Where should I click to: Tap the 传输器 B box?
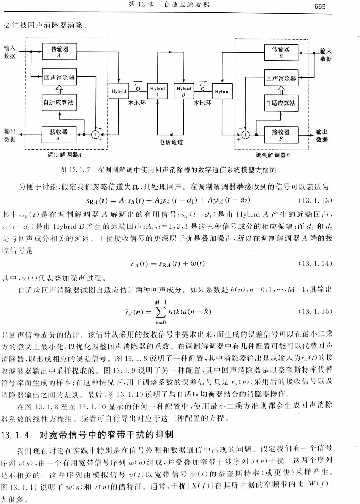pos(280,53)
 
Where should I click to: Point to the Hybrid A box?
pos(158,91)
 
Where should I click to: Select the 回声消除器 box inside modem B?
pos(280,79)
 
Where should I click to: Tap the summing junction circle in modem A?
pos(95,135)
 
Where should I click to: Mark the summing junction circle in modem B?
pos(245,135)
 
